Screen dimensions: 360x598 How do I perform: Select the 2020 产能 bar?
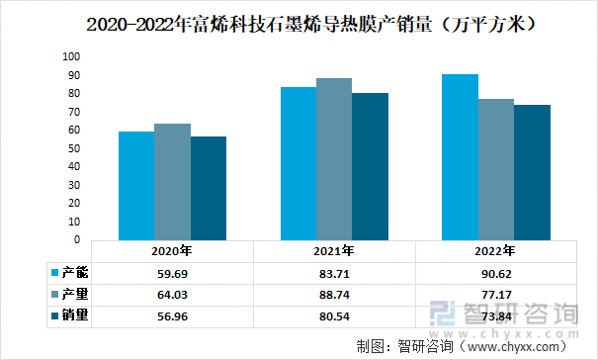136,186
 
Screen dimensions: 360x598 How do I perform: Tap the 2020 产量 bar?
172,182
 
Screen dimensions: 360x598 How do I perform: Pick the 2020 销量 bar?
209,188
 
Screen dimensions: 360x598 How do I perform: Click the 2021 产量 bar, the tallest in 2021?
334,159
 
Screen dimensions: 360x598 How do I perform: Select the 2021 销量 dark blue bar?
371,166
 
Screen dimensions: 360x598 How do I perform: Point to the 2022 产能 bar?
461,157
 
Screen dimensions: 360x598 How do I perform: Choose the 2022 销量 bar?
533,172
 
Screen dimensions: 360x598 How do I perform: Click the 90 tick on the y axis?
73,75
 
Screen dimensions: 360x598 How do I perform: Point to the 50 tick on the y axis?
73,148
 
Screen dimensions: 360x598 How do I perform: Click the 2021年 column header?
334,251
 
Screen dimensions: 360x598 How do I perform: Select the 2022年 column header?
496,251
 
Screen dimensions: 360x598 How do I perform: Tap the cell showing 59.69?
172,272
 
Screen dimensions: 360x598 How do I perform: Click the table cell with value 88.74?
334,294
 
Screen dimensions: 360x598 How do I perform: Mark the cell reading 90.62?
496,272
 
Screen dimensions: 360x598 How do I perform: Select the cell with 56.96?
172,315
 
